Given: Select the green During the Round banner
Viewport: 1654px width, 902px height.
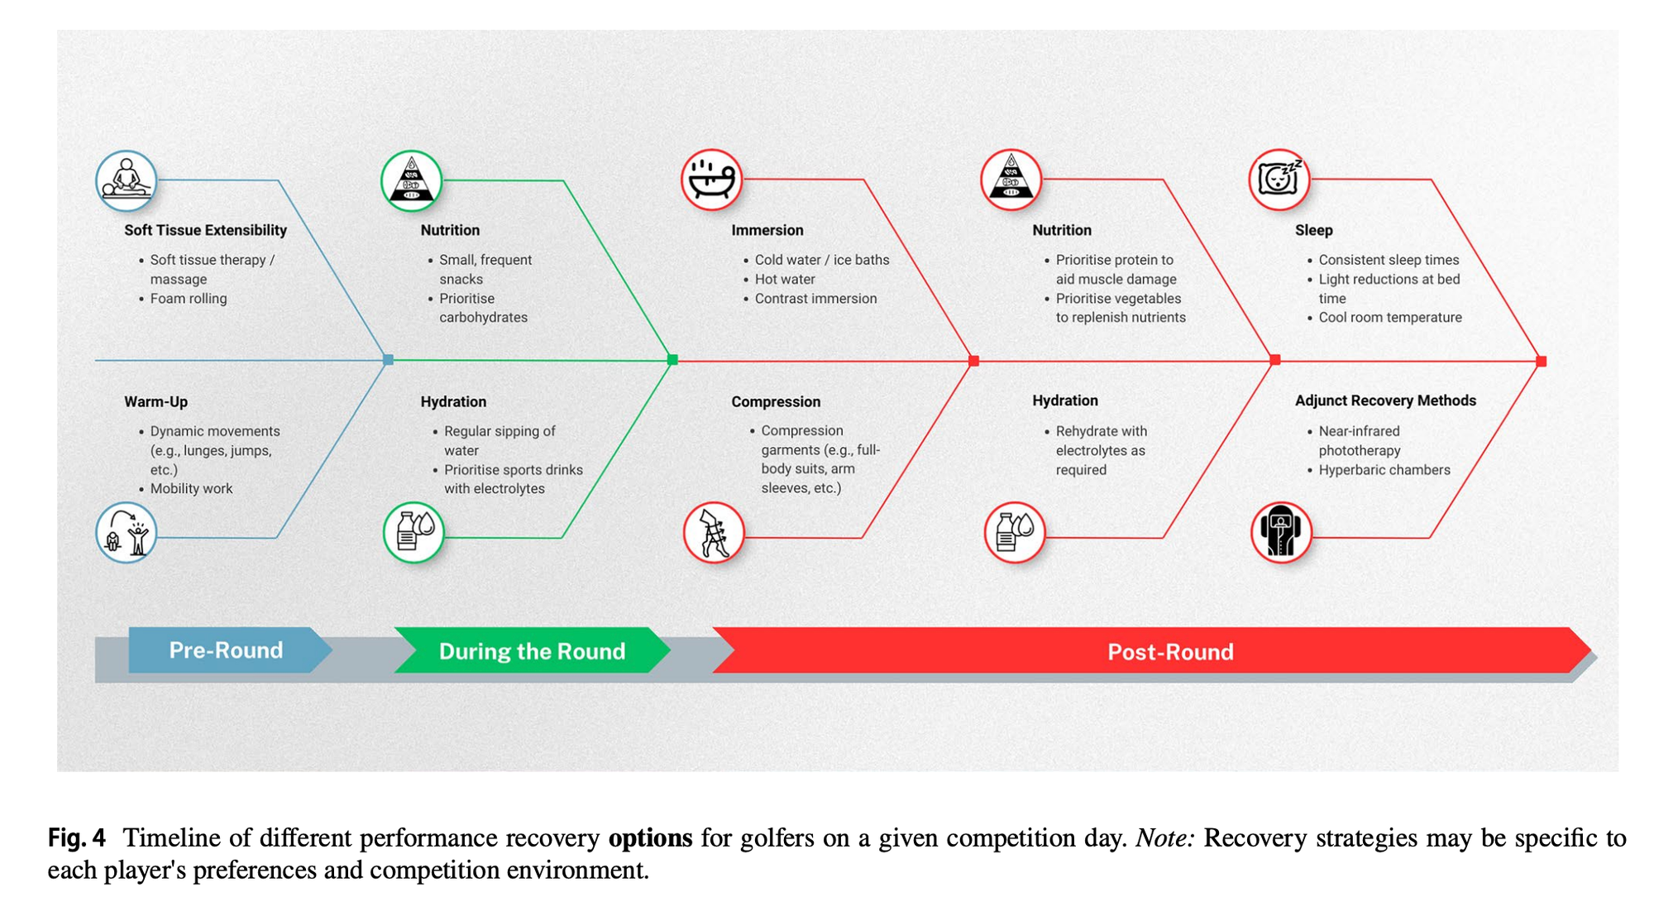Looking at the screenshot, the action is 532,650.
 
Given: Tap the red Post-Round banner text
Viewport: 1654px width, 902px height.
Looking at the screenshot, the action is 1170,652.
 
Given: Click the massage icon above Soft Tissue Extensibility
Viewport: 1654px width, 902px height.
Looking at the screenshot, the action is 126,180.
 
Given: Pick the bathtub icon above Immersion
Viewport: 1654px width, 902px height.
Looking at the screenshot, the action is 711,180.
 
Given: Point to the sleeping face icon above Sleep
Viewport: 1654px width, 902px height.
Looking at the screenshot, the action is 1279,180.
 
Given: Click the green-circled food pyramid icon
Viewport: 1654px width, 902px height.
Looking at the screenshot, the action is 411,180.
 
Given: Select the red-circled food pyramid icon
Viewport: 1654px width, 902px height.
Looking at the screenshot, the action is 1011,180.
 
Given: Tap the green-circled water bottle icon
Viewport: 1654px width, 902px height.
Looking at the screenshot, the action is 413,532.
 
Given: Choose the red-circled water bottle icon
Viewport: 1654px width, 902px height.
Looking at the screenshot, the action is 1015,532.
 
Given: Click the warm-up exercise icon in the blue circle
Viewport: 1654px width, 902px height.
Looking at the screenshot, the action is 126,532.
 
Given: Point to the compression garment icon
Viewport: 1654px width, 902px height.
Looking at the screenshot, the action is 714,532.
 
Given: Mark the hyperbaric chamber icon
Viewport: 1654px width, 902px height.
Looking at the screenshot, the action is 1281,532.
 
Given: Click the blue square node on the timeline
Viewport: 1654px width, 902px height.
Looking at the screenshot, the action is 388,360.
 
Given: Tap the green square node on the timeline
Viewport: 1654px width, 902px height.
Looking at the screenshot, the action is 672,360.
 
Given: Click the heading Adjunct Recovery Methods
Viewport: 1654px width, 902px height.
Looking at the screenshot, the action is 1385,401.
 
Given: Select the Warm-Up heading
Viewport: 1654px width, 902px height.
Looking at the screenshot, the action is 155,402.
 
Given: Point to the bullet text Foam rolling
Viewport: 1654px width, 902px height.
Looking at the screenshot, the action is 189,299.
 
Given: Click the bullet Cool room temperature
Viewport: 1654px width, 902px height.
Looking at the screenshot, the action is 1390,318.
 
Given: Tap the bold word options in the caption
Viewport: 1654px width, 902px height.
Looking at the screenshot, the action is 650,838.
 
